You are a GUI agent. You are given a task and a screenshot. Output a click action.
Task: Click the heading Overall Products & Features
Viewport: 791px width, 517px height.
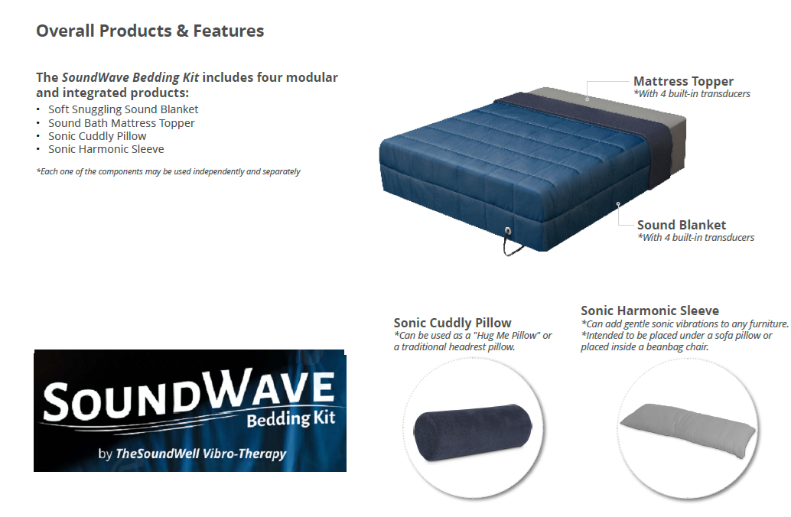click(x=150, y=31)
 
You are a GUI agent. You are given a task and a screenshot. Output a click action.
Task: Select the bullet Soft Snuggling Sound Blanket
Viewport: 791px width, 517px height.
click(x=123, y=109)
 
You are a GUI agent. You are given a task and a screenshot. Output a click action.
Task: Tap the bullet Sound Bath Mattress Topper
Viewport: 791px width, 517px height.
click(x=121, y=123)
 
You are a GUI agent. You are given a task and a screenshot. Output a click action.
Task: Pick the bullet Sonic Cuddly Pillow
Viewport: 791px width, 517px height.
click(x=97, y=136)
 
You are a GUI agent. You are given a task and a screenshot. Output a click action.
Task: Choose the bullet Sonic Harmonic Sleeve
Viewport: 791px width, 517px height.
click(x=106, y=149)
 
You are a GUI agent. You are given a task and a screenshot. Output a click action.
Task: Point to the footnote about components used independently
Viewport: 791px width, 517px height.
click(x=168, y=171)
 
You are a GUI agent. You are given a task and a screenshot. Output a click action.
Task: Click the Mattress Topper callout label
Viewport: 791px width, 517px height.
click(x=683, y=81)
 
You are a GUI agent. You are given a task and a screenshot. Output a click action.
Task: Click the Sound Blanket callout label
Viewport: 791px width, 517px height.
click(x=682, y=225)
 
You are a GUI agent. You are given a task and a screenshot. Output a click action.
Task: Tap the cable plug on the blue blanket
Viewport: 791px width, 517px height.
click(x=507, y=230)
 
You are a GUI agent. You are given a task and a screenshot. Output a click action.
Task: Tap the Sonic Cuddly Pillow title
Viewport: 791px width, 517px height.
click(x=452, y=323)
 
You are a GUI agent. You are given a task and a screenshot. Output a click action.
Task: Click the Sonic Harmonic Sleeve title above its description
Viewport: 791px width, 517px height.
click(x=649, y=311)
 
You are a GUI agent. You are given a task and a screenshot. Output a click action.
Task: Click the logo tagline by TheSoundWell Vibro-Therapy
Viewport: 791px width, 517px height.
click(x=192, y=454)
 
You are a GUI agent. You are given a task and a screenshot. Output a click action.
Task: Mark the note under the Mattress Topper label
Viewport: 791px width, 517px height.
click(x=692, y=94)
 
